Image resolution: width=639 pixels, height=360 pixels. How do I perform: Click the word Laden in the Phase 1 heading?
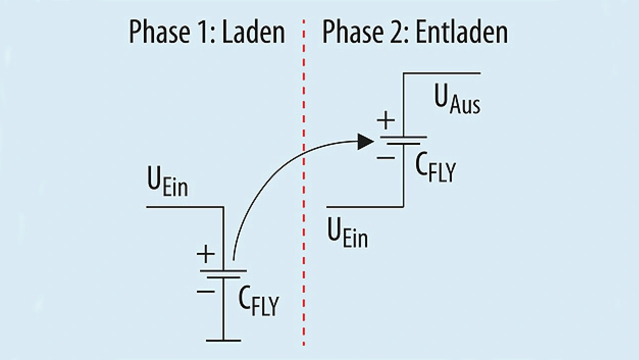point(254,33)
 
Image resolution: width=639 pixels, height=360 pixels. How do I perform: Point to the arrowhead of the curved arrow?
point(366,141)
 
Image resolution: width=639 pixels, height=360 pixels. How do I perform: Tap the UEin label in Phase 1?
point(167,185)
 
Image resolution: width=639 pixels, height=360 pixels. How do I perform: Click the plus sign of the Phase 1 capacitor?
point(205,255)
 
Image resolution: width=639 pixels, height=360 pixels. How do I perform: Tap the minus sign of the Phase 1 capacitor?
point(205,290)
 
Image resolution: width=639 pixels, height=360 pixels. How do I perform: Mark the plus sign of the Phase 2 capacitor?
point(385,121)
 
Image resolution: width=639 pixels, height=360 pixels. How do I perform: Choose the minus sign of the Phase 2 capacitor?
point(385,157)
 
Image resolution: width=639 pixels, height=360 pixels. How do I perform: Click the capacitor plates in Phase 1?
point(223,274)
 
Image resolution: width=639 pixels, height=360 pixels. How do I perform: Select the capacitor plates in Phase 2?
point(403,140)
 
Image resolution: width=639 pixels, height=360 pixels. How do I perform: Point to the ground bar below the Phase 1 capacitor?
point(223,341)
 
